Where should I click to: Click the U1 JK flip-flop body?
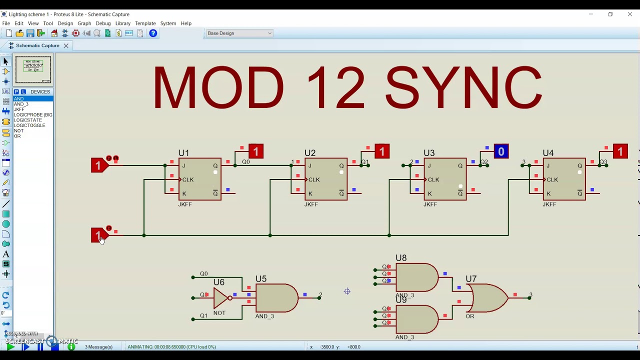point(200,179)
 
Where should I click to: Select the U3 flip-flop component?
point(445,179)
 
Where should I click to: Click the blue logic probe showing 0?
point(501,151)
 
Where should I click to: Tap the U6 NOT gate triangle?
point(221,298)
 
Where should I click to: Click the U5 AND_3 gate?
point(275,298)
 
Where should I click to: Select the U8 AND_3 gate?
point(416,277)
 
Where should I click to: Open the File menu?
point(6,23)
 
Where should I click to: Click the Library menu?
point(122,23)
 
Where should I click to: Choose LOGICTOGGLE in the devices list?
point(29,125)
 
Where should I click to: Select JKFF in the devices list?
point(19,109)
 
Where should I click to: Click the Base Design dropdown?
point(239,33)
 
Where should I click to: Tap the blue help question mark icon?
point(153,33)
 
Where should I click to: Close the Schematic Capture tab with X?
point(65,45)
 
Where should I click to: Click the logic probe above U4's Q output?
point(620,151)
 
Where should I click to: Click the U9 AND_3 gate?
point(416,319)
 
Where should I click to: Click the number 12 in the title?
point(335,87)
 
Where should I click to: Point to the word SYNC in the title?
point(463,87)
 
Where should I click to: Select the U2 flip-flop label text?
point(310,153)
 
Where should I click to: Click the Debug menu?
point(103,23)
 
